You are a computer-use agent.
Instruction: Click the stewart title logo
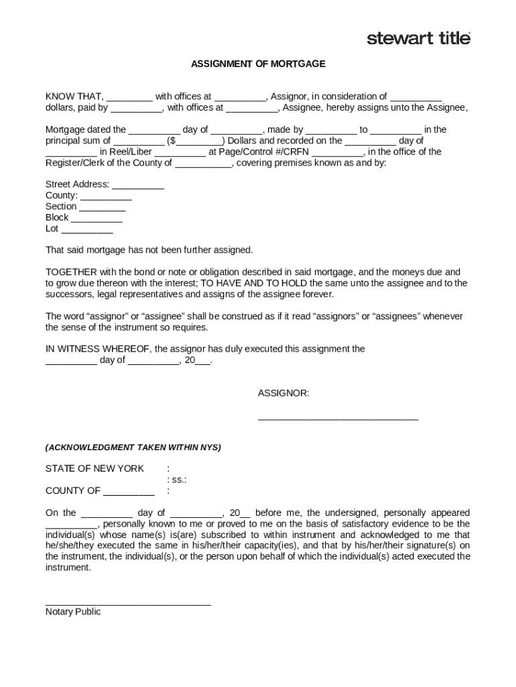[419, 38]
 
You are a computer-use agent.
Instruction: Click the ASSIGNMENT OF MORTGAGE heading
[258, 64]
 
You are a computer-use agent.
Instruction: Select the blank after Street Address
[138, 185]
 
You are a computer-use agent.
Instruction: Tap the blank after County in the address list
[106, 196]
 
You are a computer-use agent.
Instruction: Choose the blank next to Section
[103, 207]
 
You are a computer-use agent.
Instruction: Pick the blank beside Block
[96, 218]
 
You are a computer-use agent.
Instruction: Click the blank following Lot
[87, 229]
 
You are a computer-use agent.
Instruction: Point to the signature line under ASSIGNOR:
[338, 419]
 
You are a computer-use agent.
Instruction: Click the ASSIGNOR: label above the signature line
[283, 393]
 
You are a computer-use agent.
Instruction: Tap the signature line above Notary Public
[128, 604]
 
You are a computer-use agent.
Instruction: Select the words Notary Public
[73, 612]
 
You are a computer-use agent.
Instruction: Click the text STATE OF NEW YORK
[94, 468]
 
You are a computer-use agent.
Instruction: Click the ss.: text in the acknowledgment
[176, 480]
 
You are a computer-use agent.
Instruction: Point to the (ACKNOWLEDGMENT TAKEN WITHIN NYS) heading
[133, 447]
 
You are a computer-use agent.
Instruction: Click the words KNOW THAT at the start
[74, 97]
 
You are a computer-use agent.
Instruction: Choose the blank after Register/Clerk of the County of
[204, 163]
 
